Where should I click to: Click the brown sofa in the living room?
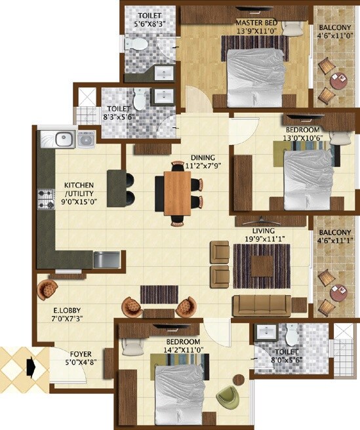(x=262, y=305)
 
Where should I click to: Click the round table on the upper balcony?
(x=339, y=82)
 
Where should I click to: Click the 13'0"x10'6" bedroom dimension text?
(x=304, y=128)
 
